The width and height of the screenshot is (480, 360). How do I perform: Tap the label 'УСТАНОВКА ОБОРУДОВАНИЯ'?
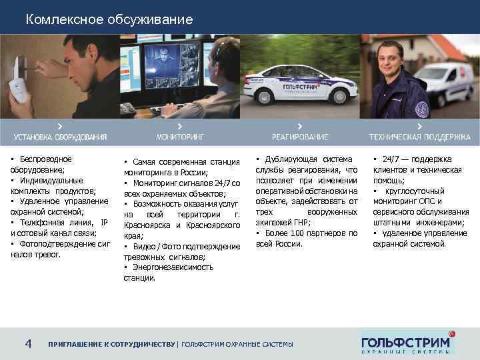click(x=60, y=137)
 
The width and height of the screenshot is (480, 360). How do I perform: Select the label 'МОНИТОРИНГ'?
click(x=180, y=137)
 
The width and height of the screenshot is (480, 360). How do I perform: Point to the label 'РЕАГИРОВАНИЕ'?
click(x=300, y=137)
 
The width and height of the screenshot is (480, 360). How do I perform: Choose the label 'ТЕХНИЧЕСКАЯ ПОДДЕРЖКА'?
click(x=420, y=137)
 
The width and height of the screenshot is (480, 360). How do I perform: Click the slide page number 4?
click(x=28, y=343)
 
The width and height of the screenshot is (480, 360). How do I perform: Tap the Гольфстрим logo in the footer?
click(x=407, y=341)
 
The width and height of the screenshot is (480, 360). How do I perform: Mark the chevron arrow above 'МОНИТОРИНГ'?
click(x=180, y=126)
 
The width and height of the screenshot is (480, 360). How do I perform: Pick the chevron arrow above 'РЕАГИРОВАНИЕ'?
click(x=300, y=126)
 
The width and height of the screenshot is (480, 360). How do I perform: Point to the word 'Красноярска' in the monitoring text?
click(x=147, y=225)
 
